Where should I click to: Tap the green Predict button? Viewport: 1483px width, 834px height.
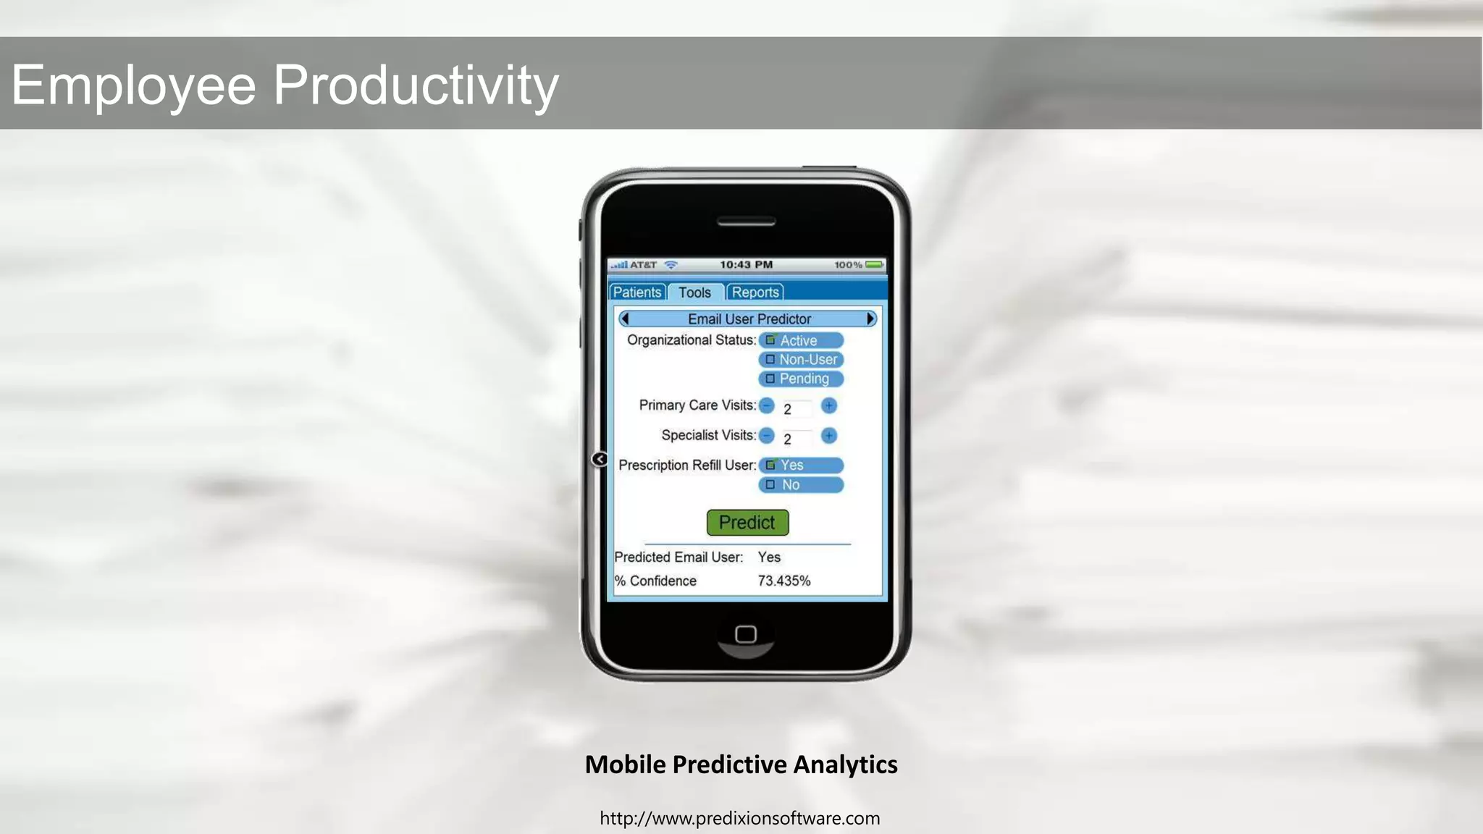click(747, 523)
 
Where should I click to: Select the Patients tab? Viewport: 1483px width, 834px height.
click(637, 292)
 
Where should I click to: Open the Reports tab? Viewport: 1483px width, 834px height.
click(755, 292)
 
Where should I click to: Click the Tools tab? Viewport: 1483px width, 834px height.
click(694, 292)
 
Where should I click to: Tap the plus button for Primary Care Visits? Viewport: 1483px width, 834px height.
click(829, 406)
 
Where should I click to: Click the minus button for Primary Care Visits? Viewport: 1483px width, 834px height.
click(767, 406)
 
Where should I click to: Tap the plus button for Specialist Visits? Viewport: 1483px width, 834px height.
click(829, 436)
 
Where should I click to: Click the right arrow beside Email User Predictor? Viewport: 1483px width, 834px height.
click(870, 319)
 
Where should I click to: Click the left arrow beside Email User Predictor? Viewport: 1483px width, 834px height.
click(625, 319)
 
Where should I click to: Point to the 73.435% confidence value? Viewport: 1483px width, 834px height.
click(784, 581)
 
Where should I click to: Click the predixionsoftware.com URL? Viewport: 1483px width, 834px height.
click(740, 819)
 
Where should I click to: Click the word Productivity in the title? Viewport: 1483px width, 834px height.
click(416, 85)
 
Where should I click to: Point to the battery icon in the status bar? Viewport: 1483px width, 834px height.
click(874, 265)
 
